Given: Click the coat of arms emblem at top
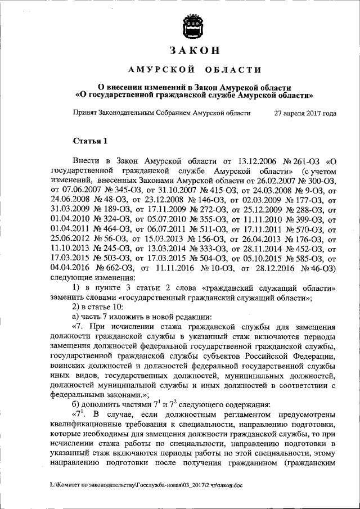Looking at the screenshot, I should click(193, 26).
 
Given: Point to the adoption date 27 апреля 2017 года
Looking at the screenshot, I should click(305, 113).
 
